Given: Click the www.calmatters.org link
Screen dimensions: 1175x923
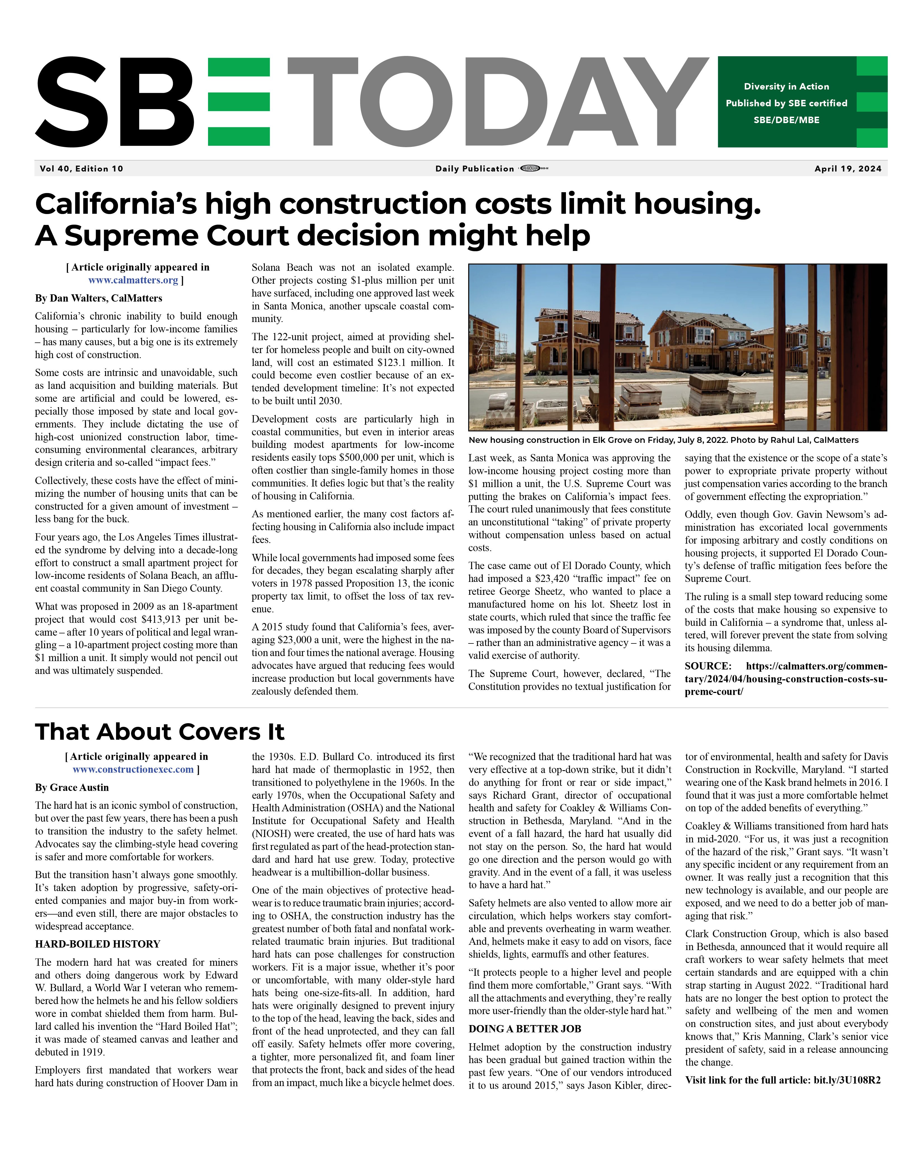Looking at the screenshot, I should click(x=133, y=280).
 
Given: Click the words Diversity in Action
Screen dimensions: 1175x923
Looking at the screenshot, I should click(x=786, y=86).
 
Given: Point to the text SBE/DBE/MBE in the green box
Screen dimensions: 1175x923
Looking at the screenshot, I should click(x=786, y=120).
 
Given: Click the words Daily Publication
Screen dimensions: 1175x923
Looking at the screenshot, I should click(x=475, y=169).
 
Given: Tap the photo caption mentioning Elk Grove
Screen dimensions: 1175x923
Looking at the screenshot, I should click(x=663, y=440).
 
